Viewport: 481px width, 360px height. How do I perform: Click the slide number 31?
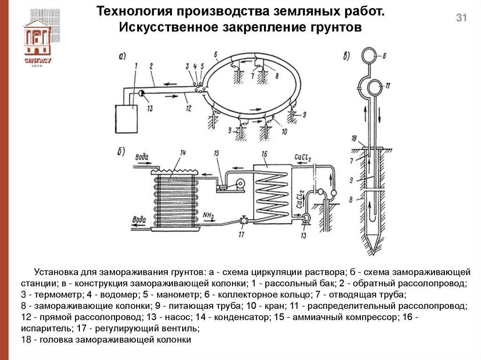coord(461,18)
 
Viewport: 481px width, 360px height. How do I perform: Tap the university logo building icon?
coord(37,38)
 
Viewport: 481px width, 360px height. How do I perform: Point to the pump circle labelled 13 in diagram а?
coord(141,93)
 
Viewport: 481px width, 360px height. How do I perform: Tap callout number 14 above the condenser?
coord(183,153)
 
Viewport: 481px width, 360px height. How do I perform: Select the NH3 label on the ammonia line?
coord(209,215)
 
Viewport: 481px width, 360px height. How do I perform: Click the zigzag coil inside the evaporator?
coord(272,192)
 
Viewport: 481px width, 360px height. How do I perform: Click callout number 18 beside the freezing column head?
coord(356,138)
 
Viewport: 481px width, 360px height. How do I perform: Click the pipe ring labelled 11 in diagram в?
coord(375,87)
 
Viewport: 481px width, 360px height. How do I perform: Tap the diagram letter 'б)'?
coord(121,151)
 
